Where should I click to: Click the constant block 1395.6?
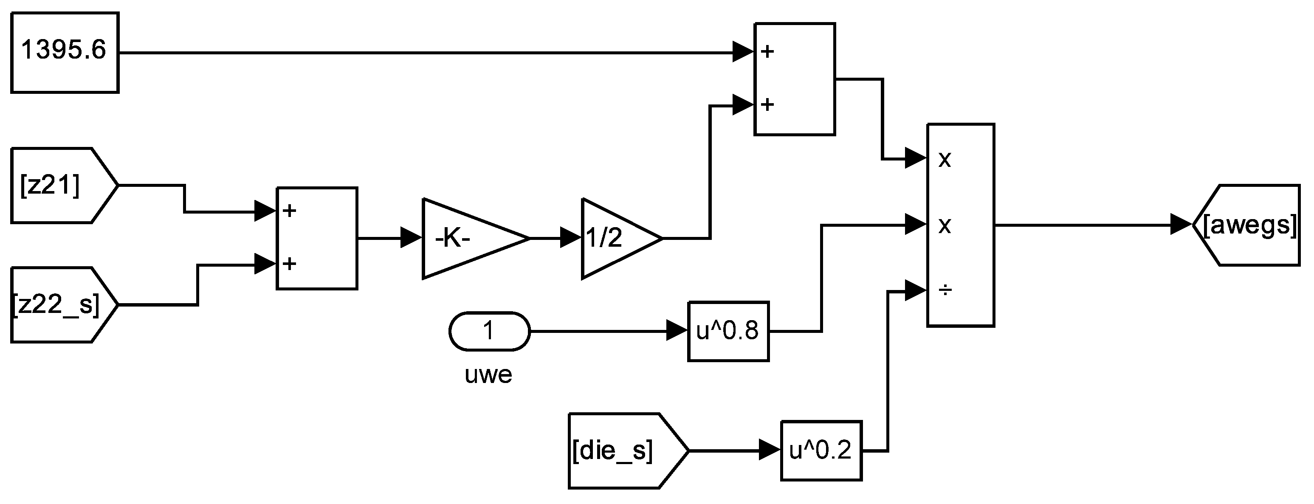click(x=65, y=53)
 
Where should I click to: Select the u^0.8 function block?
click(x=728, y=332)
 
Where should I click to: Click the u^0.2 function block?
click(x=821, y=451)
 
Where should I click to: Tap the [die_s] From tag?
click(x=622, y=451)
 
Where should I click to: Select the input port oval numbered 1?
click(x=489, y=332)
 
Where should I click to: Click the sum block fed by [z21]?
click(x=317, y=238)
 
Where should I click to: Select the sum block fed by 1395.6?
click(x=794, y=79)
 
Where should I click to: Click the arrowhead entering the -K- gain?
click(x=412, y=238)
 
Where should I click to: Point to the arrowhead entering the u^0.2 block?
click(x=770, y=451)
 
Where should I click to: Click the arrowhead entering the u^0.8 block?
click(x=677, y=332)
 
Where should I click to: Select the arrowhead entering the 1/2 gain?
click(x=571, y=238)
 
